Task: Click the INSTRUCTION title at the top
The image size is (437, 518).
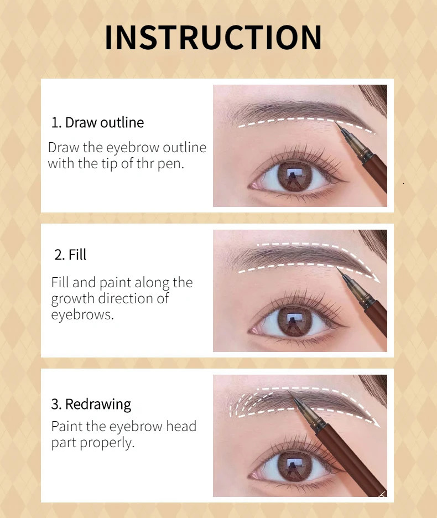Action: pos(213,38)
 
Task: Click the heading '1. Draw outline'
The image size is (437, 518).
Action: pos(97,122)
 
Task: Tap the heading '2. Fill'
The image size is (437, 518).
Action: pos(70,255)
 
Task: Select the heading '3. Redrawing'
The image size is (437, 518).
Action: pos(91,404)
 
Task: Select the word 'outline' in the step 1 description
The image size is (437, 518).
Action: pos(181,148)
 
